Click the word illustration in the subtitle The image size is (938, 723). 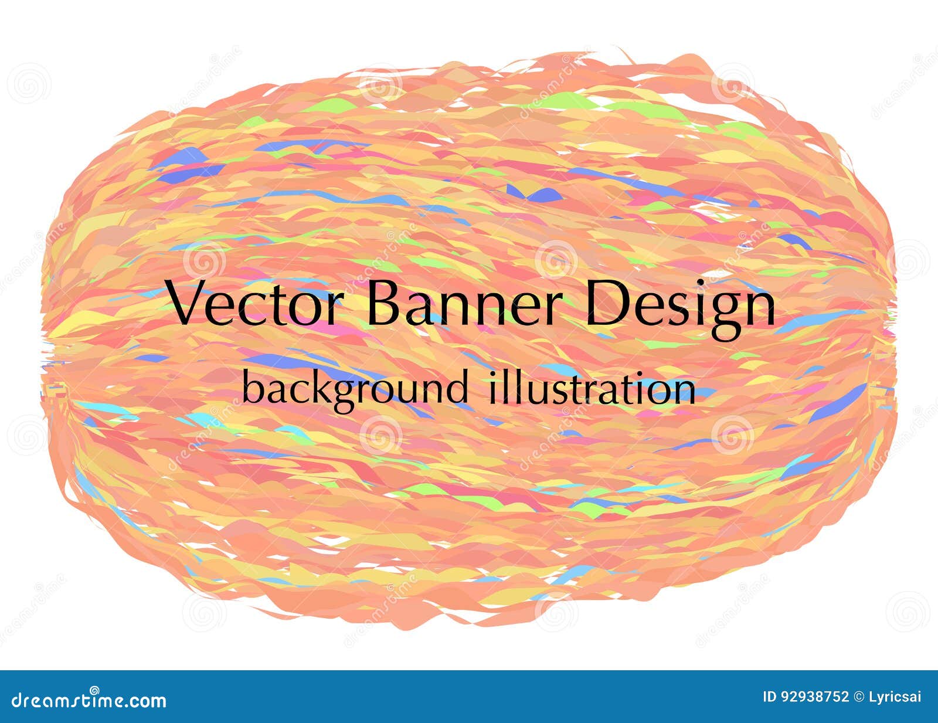(592, 387)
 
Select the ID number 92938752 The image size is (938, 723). (815, 697)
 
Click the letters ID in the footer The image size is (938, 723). (769, 697)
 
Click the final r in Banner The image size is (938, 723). (555, 310)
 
